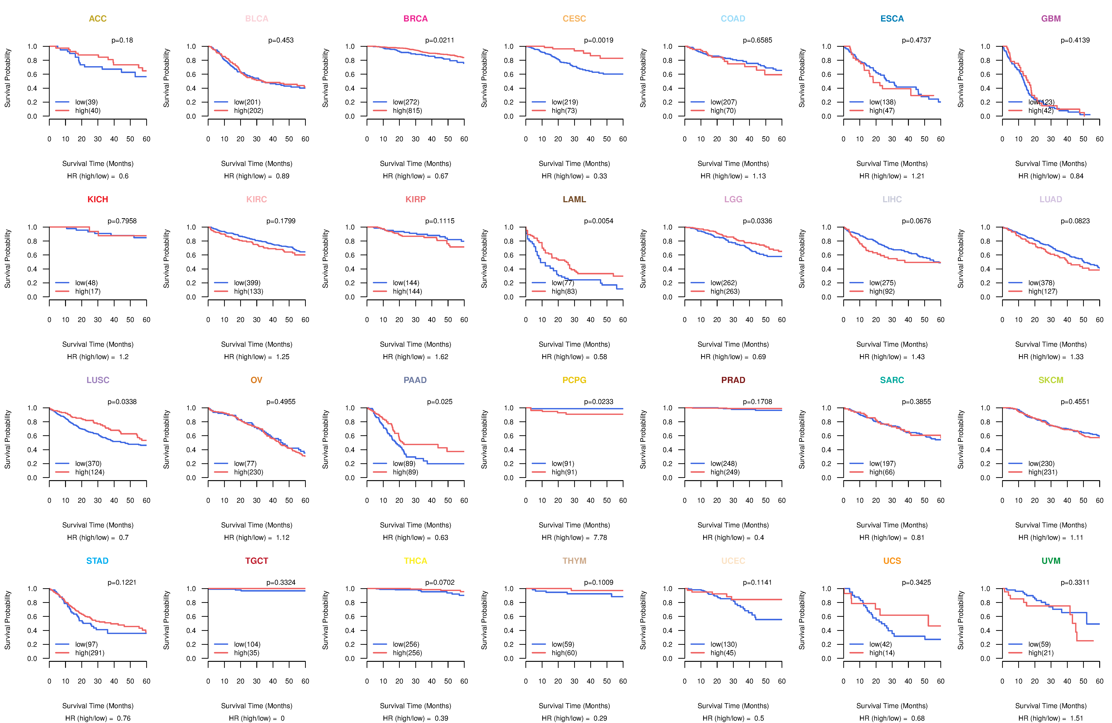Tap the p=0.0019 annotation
coord(598,40)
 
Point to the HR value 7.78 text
coord(600,537)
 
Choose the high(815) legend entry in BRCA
coord(407,111)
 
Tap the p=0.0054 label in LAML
coord(598,221)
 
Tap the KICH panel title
coord(98,199)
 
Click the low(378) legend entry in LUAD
coord(1041,283)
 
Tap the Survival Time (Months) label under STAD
coord(98,706)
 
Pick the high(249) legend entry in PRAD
coord(725,472)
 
